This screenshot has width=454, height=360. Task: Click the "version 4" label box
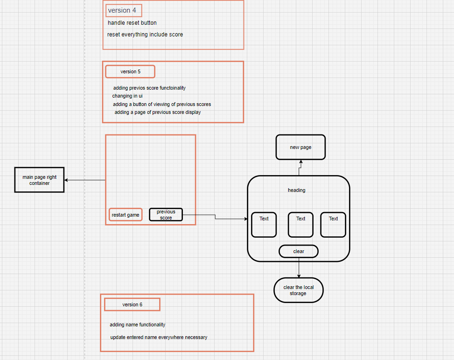(x=124, y=10)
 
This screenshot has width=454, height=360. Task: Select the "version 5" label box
(x=130, y=71)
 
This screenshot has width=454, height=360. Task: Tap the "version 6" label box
(x=132, y=304)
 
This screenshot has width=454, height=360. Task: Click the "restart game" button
(x=126, y=215)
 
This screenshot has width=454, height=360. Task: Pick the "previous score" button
(x=166, y=215)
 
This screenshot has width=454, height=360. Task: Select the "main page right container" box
(x=39, y=180)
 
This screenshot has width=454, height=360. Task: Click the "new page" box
(x=300, y=147)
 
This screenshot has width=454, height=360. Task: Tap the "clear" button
(x=299, y=251)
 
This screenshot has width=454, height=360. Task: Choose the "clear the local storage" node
(x=299, y=290)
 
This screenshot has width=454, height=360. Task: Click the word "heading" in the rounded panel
(x=297, y=190)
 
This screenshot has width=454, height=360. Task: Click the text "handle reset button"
(x=132, y=23)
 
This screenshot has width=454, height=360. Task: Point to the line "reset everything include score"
(x=145, y=35)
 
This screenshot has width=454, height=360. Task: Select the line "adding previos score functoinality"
(x=149, y=88)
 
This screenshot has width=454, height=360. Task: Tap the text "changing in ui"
(x=127, y=96)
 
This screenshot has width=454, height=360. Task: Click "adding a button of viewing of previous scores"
(x=162, y=104)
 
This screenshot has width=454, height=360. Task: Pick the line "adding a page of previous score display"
(x=158, y=112)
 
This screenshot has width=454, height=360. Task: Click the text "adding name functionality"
(x=138, y=325)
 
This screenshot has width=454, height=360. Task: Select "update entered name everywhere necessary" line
(x=159, y=337)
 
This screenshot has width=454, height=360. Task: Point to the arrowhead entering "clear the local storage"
(x=299, y=276)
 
